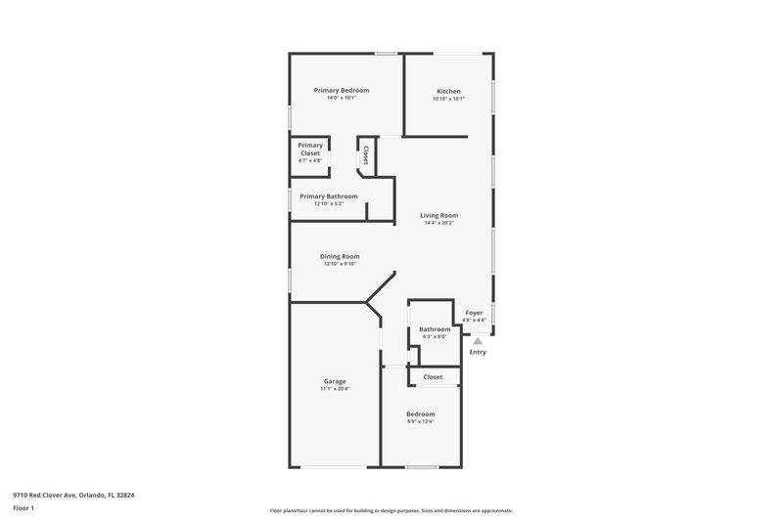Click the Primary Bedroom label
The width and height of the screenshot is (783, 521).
tap(341, 90)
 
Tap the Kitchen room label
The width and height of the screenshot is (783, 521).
tap(448, 91)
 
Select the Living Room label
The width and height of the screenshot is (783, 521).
tap(439, 215)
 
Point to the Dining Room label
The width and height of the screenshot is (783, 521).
tap(340, 256)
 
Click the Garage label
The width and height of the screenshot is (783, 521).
tap(335, 381)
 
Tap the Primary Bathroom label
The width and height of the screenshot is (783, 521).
tap(329, 195)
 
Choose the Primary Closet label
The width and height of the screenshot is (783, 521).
tap(310, 150)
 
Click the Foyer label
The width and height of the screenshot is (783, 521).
tap(474, 313)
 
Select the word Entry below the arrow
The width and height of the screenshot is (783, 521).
tap(478, 352)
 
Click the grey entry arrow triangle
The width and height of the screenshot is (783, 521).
tap(478, 340)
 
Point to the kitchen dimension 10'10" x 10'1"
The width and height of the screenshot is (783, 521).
tap(448, 99)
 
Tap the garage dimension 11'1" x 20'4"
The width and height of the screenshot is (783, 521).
tap(335, 389)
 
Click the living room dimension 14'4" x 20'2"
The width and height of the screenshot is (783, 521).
tap(439, 223)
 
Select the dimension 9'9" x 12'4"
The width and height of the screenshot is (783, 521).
tap(421, 421)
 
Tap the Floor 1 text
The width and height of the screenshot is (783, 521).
tap(23, 508)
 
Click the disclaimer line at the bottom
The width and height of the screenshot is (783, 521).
tap(391, 510)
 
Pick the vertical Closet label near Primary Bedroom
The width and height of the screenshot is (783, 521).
tap(366, 154)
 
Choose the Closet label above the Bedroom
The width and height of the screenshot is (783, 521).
tap(433, 376)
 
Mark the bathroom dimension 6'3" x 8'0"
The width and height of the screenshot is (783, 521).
tap(434, 336)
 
